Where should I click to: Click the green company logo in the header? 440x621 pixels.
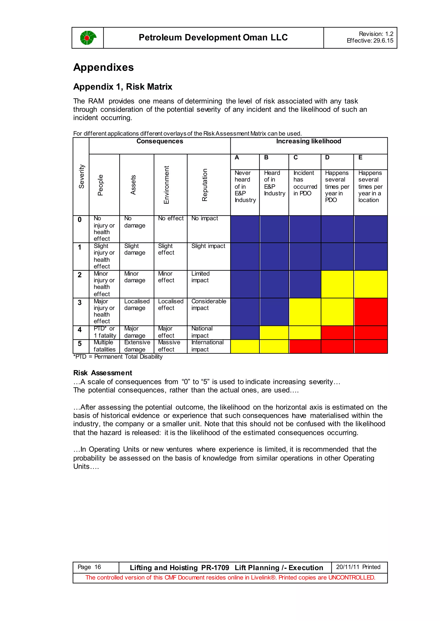(88, 38)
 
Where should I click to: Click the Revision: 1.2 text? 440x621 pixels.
(376, 34)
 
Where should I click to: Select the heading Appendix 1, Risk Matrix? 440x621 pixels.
(123, 87)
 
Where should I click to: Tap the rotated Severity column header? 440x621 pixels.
(81, 176)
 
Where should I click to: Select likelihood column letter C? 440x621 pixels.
(296, 157)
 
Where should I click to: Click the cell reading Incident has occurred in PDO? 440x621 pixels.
(305, 183)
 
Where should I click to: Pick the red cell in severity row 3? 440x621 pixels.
(370, 312)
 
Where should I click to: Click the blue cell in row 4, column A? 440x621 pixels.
(245, 333)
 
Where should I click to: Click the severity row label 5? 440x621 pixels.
(80, 344)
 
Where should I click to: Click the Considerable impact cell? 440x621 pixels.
(208, 304)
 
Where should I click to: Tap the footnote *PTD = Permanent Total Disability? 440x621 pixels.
(118, 357)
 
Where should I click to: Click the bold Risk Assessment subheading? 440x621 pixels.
(103, 373)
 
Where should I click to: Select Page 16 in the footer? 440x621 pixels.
(89, 567)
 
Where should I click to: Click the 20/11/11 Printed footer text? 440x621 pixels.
(358, 567)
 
